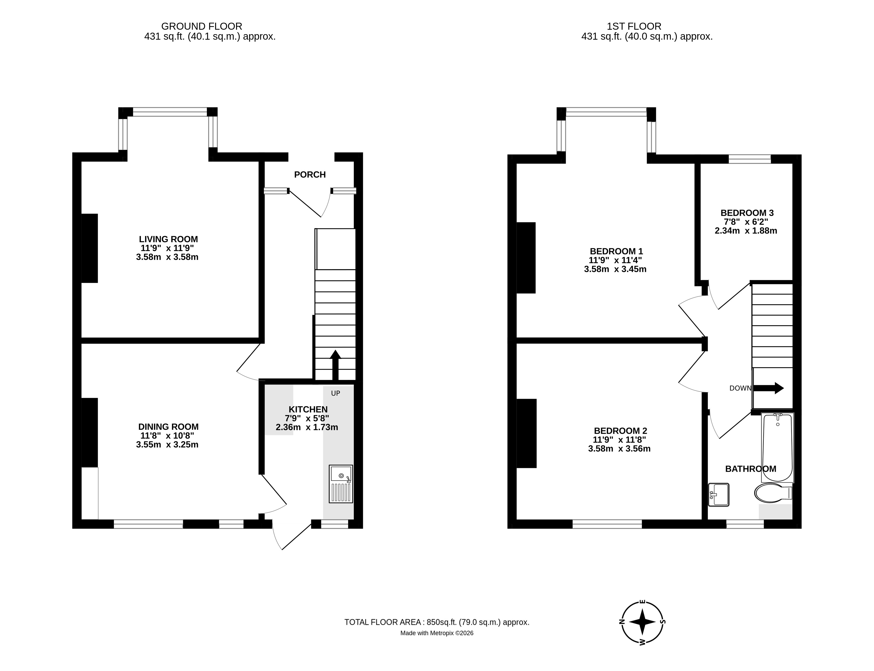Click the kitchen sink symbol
[x=341, y=484]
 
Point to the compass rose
[x=642, y=622]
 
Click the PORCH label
[x=310, y=175]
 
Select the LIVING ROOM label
[x=168, y=239]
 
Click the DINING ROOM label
[x=168, y=427]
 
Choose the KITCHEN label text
[x=308, y=409]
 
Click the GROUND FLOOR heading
[x=202, y=26]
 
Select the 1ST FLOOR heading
[x=634, y=26]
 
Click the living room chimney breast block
[x=90, y=248]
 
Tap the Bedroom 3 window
[x=750, y=159]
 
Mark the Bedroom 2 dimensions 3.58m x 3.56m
[x=619, y=448]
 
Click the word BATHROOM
[x=751, y=469]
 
